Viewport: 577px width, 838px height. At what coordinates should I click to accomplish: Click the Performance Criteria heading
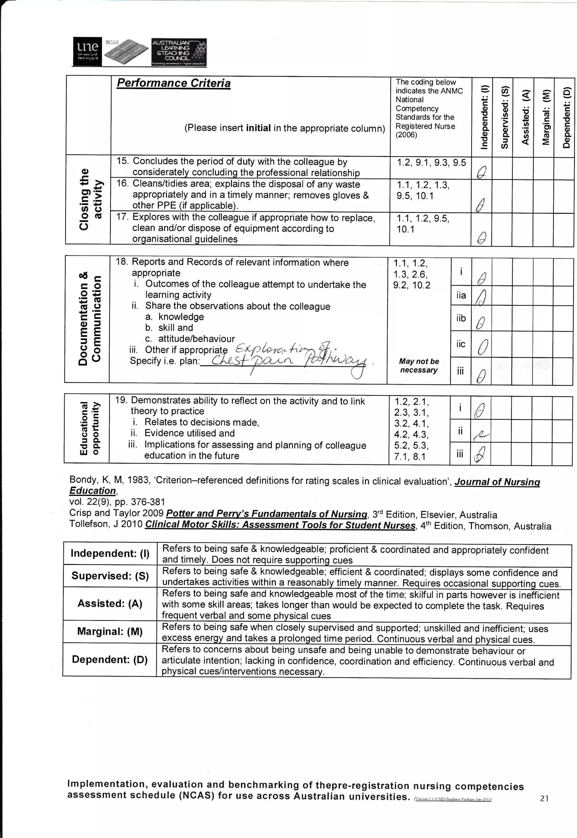pos(174,83)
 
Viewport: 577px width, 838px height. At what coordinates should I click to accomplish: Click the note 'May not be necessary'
pos(419,365)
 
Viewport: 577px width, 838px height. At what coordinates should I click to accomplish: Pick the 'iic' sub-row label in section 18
pos(461,344)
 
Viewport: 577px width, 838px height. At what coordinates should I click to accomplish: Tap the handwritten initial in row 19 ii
pos(481,435)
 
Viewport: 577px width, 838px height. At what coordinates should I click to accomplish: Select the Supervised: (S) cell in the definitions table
pos(110,576)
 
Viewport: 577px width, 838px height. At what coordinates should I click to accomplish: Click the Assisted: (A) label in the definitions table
pos(110,603)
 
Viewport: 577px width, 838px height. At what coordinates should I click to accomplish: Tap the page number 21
pos(544,798)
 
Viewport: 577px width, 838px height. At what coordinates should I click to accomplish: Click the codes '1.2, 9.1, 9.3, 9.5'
pos(431,163)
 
